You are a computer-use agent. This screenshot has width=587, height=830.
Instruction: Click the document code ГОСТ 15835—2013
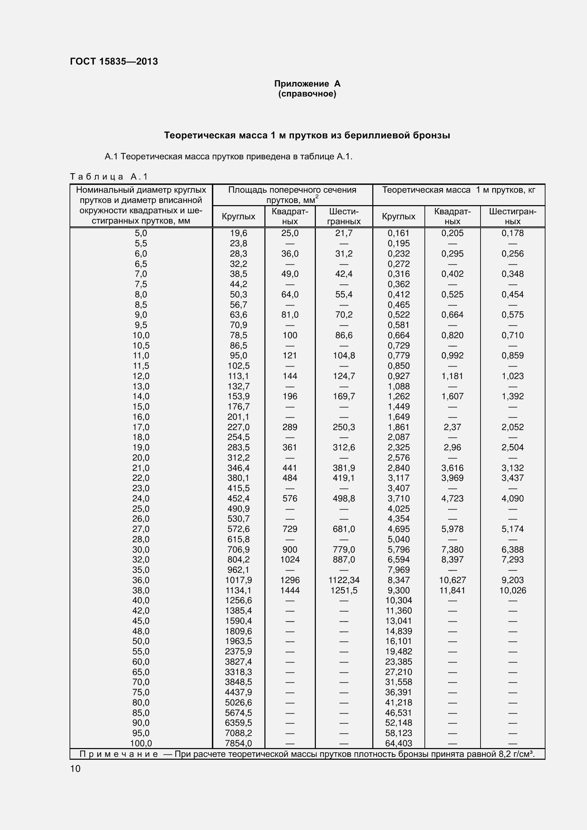point(114,61)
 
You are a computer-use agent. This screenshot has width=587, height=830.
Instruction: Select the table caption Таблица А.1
point(109,177)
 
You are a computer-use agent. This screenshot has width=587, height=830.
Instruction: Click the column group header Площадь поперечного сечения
point(292,190)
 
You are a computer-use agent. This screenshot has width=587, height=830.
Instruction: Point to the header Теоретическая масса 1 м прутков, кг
point(458,190)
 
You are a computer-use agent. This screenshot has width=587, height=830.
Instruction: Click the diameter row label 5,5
point(141,243)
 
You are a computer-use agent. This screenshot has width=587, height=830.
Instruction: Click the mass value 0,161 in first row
point(398,233)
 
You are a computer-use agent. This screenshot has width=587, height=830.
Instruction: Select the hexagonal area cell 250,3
point(344,427)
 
